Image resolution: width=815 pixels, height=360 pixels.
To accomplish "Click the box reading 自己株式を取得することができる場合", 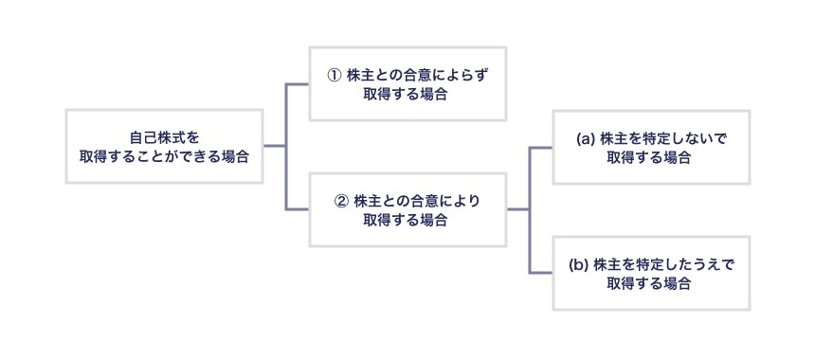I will pos(164,146).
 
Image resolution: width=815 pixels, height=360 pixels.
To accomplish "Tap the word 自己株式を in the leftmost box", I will pos(164,136).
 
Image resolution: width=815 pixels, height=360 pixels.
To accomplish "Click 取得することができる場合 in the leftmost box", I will pos(164,155).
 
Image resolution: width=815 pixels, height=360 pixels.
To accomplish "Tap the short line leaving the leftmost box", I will pos(274,146).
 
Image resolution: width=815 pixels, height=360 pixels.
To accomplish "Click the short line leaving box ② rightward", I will pos(517,209).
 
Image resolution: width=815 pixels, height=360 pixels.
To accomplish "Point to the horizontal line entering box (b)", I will pos(540,273).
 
